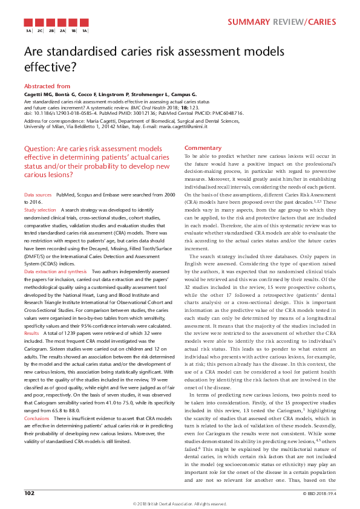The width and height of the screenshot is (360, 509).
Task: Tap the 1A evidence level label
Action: coord(85,30)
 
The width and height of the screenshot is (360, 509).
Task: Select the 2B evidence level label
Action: coord(51,30)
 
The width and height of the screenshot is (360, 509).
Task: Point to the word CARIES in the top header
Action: coord(321,22)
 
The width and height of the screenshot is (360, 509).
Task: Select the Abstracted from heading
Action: coord(47,86)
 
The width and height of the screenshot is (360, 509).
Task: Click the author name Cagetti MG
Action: coord(39,95)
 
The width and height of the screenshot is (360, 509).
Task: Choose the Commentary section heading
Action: coord(203,148)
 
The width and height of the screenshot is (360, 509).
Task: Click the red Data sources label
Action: coord(38,195)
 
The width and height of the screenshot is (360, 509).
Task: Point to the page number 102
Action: coord(29,493)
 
